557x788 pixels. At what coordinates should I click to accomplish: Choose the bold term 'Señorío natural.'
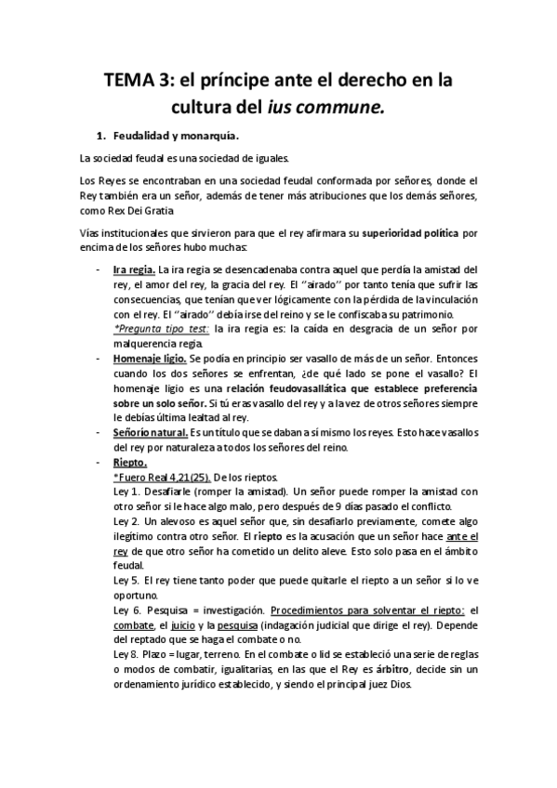(x=150, y=432)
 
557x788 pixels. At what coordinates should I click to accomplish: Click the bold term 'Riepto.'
(x=130, y=462)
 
